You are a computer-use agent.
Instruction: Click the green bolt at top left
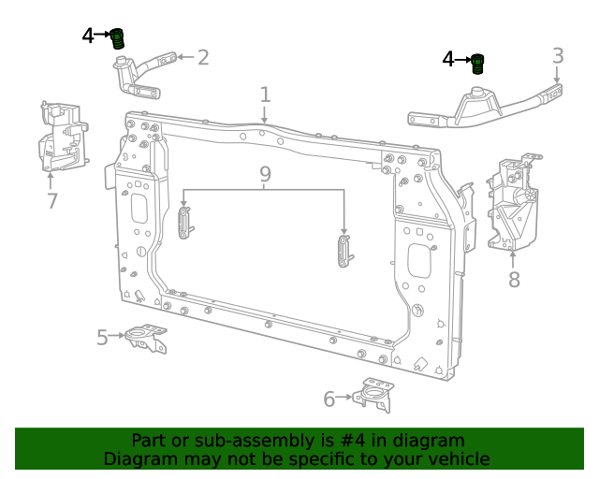tap(118, 38)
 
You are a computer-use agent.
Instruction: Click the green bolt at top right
tap(476, 64)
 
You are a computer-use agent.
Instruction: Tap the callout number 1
tap(265, 94)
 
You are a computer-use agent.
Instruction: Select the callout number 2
tap(202, 58)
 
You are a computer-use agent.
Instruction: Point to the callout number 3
tap(558, 56)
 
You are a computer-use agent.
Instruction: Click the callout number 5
tap(102, 337)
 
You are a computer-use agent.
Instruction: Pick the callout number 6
tap(329, 399)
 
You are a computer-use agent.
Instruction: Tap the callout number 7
tap(51, 200)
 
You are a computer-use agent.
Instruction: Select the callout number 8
tap(514, 279)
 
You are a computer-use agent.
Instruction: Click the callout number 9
tap(265, 174)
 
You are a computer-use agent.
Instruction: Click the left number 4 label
tap(88, 36)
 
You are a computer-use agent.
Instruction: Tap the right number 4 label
tap(448, 60)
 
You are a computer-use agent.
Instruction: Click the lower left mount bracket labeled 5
tap(147, 338)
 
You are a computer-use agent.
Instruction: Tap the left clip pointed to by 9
tap(184, 222)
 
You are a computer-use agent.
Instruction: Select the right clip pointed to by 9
tap(343, 252)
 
